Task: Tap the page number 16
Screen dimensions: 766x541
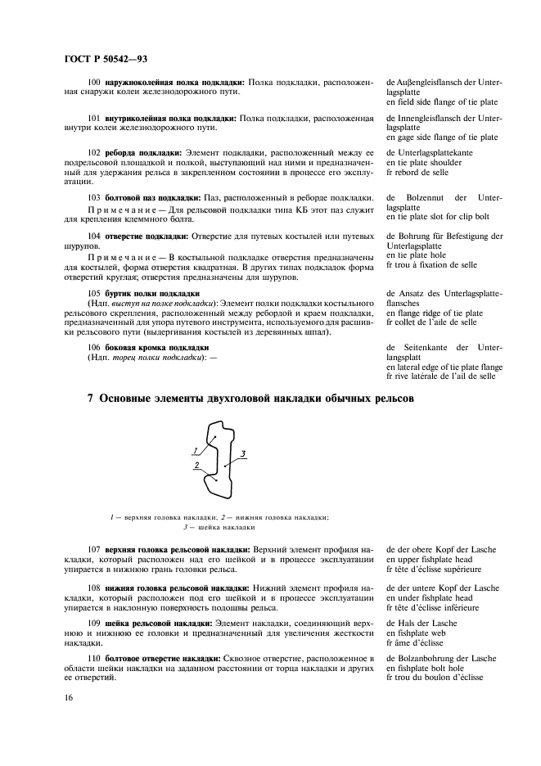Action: pyautogui.click(x=68, y=697)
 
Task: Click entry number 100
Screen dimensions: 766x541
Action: pyautogui.click(x=93, y=83)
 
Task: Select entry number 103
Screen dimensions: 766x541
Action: pyautogui.click(x=93, y=198)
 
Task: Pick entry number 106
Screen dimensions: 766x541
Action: pyautogui.click(x=93, y=348)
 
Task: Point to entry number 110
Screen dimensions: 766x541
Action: pyautogui.click(x=93, y=658)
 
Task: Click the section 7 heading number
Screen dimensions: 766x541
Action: pyautogui.click(x=91, y=399)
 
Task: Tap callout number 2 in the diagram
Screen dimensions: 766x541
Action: pyautogui.click(x=197, y=465)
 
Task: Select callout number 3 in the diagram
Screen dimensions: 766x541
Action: pyautogui.click(x=243, y=453)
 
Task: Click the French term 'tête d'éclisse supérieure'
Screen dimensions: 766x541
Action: pyautogui.click(x=437, y=569)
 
